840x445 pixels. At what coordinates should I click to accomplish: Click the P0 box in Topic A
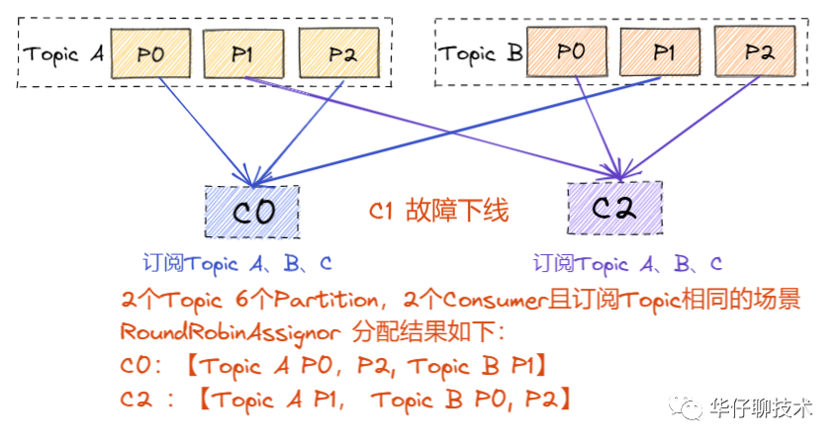coord(150,53)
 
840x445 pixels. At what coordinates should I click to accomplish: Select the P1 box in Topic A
coord(243,53)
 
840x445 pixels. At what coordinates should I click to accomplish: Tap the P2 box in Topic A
coord(340,53)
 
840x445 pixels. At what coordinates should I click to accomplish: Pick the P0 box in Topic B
coord(570,51)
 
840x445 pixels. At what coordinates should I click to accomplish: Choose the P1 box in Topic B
coord(664,51)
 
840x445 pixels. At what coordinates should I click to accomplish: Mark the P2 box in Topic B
coord(758,51)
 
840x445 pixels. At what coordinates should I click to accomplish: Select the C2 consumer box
coord(614,208)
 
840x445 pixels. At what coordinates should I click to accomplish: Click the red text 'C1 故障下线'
coord(438,212)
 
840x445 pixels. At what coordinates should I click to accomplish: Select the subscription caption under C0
coord(237,264)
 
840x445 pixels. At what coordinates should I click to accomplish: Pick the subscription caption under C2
coord(627,264)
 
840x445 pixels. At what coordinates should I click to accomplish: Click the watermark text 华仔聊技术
coord(761,407)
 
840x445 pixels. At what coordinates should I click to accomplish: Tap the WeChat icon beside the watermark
coord(686,406)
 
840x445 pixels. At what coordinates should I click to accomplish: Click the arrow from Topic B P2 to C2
coord(693,124)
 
